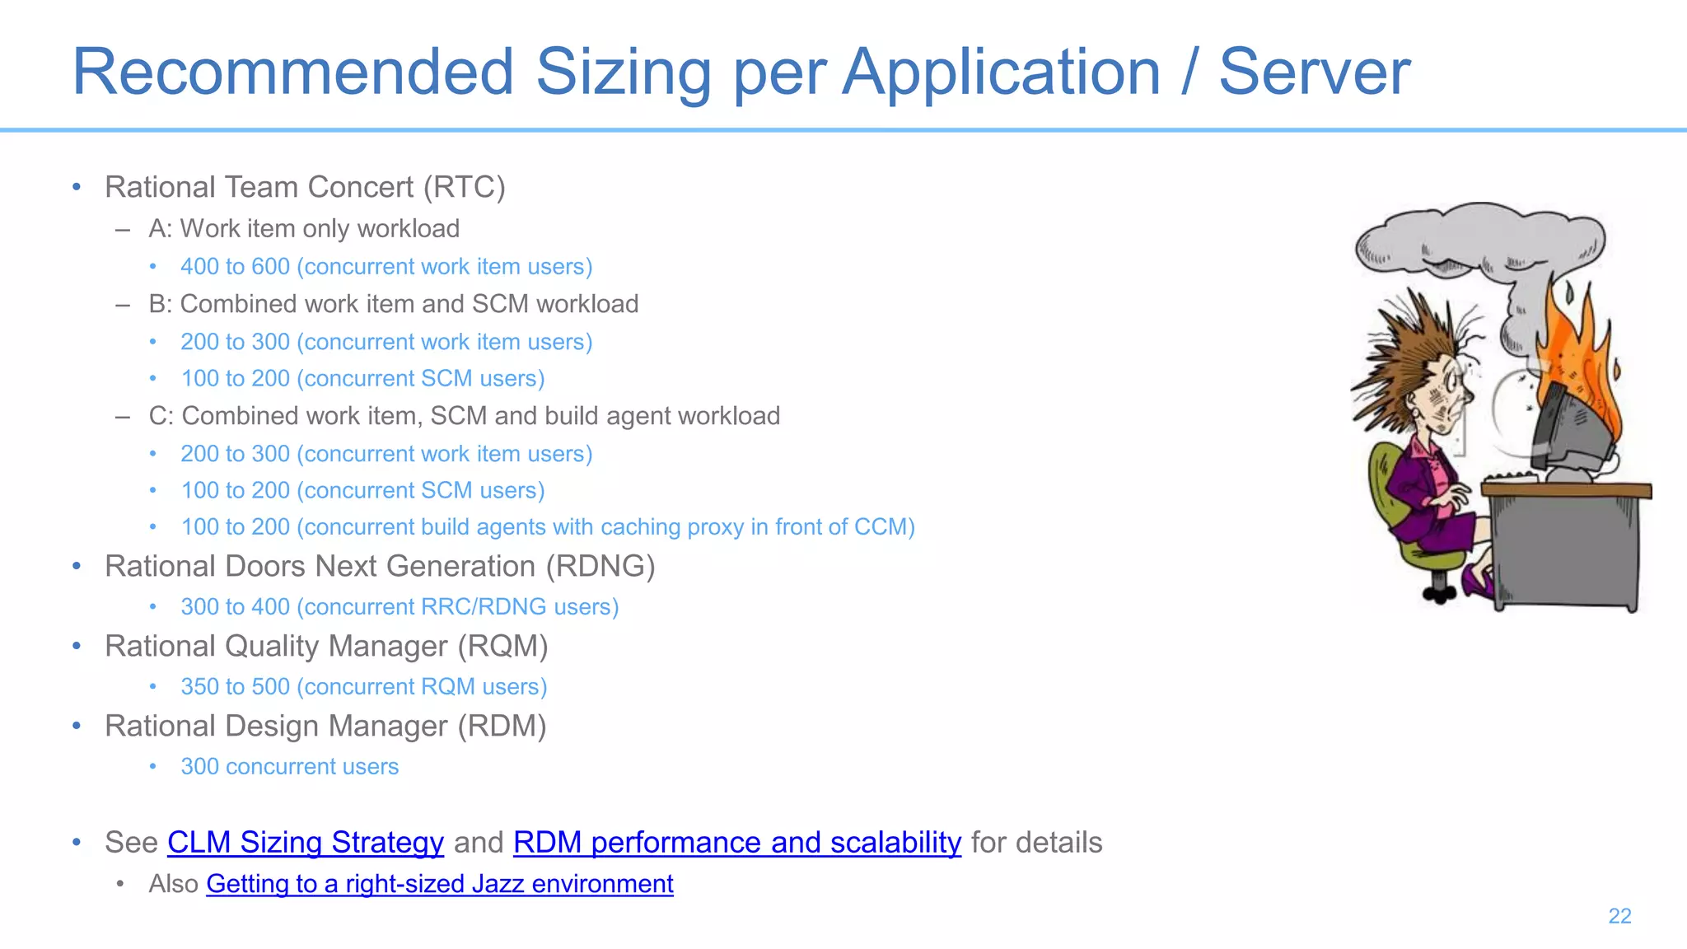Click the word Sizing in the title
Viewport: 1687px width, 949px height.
(x=624, y=72)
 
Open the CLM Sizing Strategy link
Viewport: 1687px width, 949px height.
(x=306, y=843)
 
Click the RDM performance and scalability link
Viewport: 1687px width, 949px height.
(x=736, y=843)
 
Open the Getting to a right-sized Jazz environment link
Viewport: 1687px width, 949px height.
(x=439, y=884)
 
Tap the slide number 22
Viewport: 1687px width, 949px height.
(x=1619, y=916)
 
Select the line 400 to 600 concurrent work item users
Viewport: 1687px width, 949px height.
(x=386, y=267)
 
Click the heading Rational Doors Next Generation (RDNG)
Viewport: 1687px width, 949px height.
(x=380, y=567)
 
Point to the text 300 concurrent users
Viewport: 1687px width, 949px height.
(x=289, y=767)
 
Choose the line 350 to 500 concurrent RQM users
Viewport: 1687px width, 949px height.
(x=363, y=687)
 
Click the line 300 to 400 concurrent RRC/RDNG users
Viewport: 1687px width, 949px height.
(x=400, y=607)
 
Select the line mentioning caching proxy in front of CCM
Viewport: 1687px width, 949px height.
(x=548, y=527)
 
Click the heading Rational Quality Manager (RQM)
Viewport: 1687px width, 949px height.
(x=326, y=647)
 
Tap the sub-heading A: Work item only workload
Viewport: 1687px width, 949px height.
(x=304, y=229)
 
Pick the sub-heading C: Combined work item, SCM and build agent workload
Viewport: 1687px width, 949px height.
(x=464, y=416)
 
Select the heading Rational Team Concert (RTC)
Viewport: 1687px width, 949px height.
(x=305, y=188)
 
